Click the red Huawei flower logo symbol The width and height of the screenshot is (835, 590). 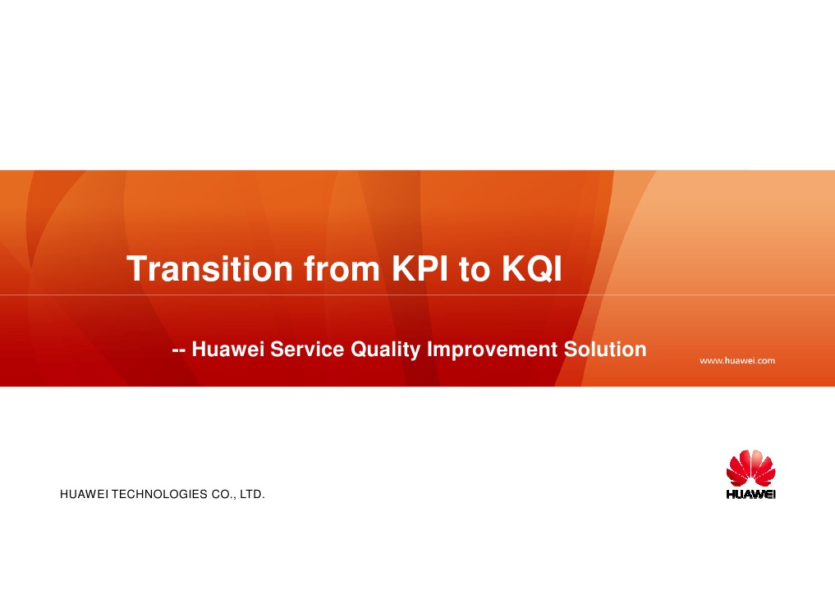[x=751, y=469]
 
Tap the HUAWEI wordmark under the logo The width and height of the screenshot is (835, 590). [x=751, y=495]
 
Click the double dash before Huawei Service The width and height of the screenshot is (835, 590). [x=177, y=351]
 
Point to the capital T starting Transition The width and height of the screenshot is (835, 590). [x=135, y=269]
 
